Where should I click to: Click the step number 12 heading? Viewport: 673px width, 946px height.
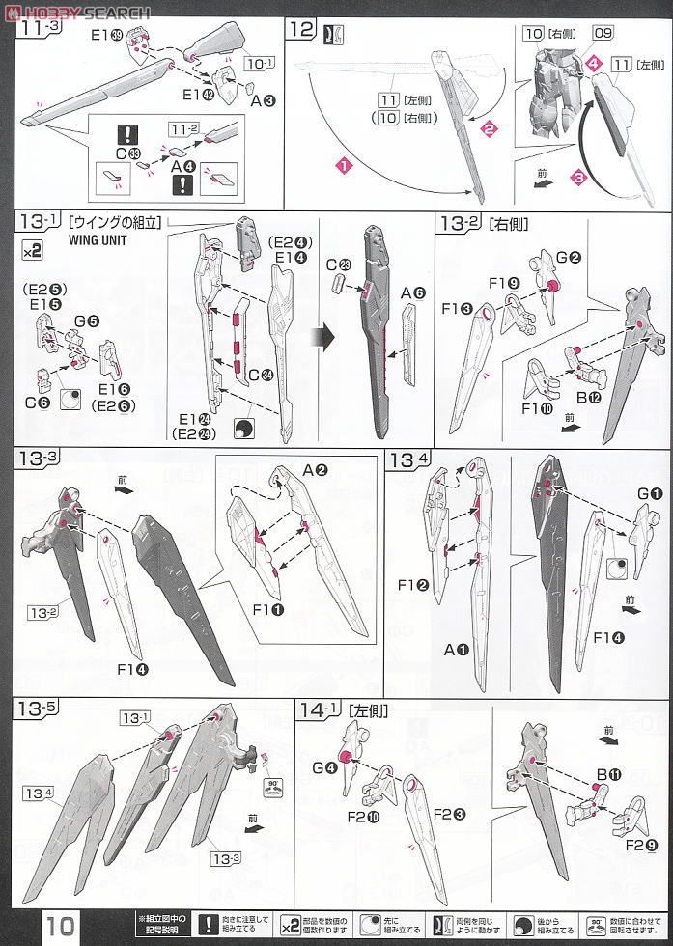point(301,29)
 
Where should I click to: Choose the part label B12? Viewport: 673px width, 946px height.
point(589,400)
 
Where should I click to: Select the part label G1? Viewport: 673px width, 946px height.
point(650,495)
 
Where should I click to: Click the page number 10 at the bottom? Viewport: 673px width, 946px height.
point(60,925)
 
